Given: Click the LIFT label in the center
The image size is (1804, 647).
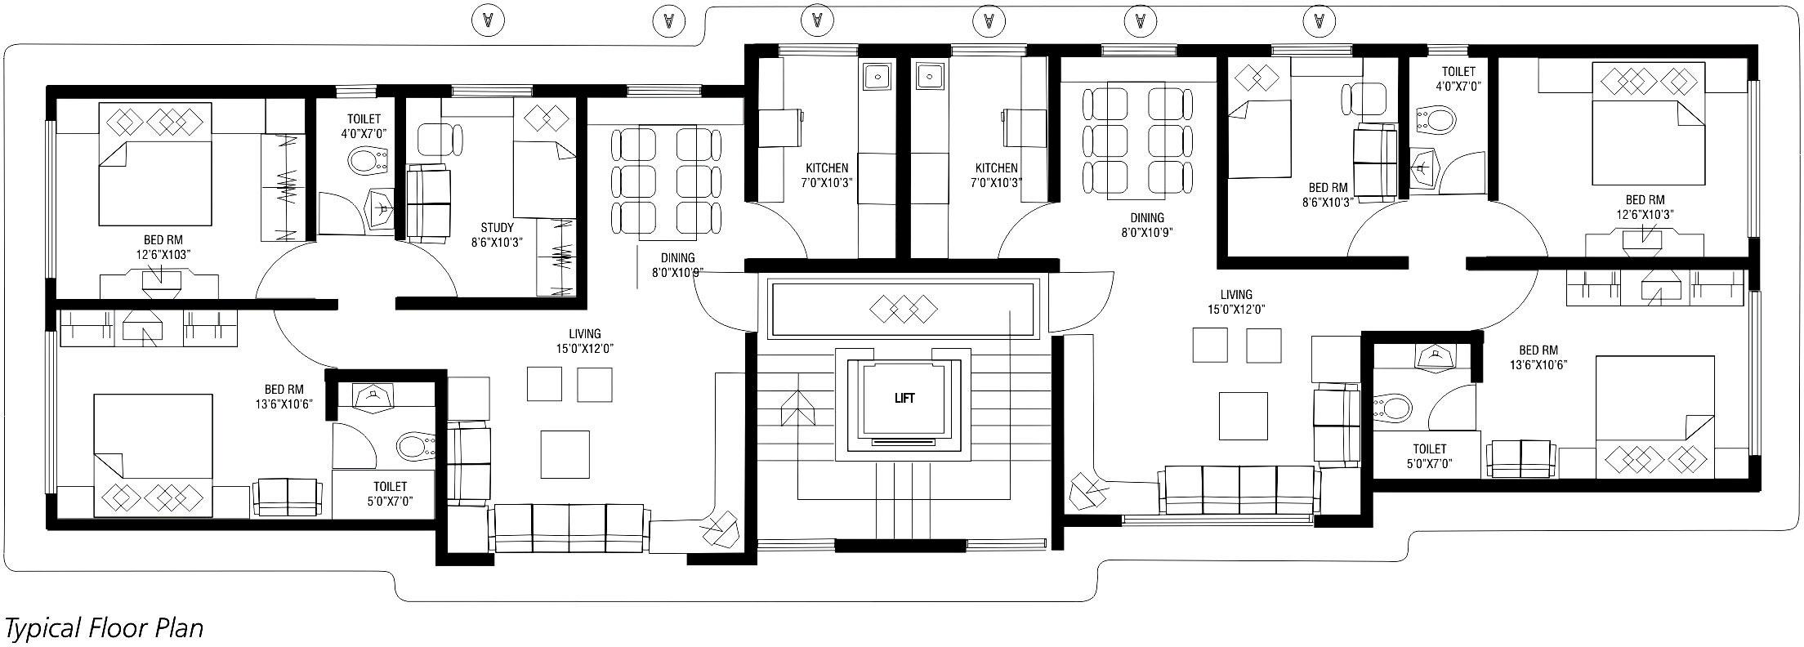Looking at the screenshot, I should coord(904,399).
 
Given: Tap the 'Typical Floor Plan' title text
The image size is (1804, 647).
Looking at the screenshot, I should coord(104,628).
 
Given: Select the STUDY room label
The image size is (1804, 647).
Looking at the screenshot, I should coord(497,228).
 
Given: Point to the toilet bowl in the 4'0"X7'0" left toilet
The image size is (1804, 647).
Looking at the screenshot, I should coord(368,161).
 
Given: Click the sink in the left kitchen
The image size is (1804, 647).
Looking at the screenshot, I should coord(877,77).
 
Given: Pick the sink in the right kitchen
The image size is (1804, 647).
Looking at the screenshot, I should coord(928,77).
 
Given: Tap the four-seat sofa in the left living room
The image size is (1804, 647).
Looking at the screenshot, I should coord(569,529).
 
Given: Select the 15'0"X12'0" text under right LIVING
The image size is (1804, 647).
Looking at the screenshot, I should coord(1236,310).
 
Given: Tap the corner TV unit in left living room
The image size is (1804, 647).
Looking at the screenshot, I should coord(719,531).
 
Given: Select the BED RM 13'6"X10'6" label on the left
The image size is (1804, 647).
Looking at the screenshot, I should coord(284,396).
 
